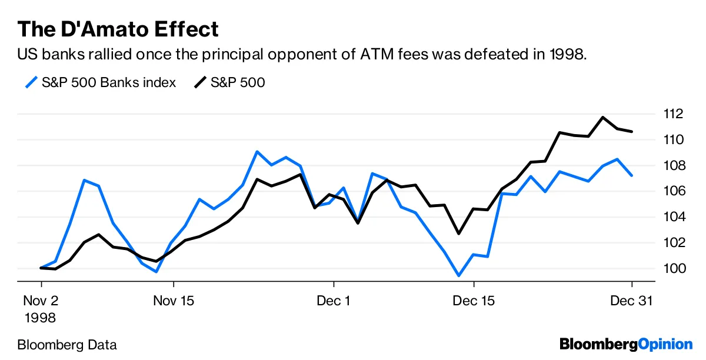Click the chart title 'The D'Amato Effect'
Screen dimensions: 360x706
click(118, 28)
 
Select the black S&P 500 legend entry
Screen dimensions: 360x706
click(229, 82)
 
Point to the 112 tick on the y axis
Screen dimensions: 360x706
click(672, 114)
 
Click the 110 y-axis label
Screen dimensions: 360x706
click(672, 139)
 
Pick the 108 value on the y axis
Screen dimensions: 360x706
click(672, 165)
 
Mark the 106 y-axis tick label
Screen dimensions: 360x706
click(672, 191)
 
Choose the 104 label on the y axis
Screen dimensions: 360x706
click(672, 217)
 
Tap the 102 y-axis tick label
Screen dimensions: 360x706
click(672, 243)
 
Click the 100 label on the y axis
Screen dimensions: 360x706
click(672, 269)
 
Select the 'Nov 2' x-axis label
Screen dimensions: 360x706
click(41, 301)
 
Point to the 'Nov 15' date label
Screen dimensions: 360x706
click(173, 301)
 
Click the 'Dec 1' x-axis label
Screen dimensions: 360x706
click(333, 301)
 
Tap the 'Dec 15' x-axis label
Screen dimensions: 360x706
click(474, 301)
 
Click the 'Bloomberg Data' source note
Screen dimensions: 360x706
click(67, 345)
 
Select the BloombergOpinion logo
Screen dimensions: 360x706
click(626, 344)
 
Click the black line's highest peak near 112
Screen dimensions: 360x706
click(602, 117)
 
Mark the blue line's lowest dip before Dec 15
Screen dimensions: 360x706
click(458, 275)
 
